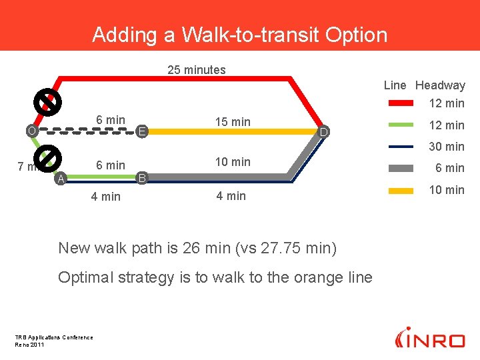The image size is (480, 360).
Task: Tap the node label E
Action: [x=141, y=132]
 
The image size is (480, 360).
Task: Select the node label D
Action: [x=323, y=133]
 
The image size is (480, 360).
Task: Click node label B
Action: [x=141, y=178]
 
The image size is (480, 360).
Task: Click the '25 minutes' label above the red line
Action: [x=197, y=70]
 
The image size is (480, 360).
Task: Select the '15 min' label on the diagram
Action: [x=233, y=122]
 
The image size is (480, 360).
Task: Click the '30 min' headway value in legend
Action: [x=446, y=147]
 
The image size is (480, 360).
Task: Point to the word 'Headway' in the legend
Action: [x=440, y=85]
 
